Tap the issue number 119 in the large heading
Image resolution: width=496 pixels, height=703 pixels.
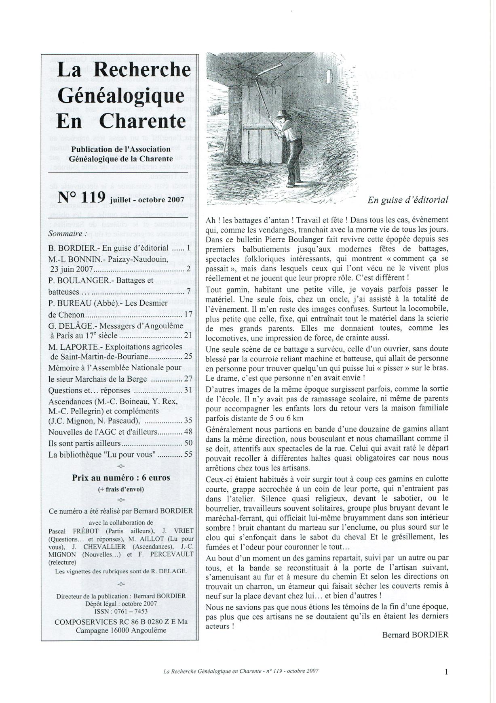(x=93, y=198)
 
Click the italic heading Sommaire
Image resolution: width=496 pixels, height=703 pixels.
(x=68, y=234)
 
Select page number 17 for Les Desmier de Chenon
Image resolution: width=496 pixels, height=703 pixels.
(x=188, y=314)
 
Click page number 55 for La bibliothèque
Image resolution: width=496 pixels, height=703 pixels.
(x=188, y=454)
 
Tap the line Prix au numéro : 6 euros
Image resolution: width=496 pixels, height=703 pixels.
(x=121, y=478)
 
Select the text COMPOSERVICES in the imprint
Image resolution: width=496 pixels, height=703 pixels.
(x=82, y=622)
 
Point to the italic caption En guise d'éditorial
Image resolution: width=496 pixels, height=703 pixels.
(x=408, y=200)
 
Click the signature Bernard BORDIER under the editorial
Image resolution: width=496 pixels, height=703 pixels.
(x=415, y=635)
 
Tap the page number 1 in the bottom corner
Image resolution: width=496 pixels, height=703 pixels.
(x=446, y=672)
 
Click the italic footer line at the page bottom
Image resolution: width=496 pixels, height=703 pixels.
(x=241, y=671)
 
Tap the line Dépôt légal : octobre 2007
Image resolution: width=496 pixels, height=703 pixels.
(x=121, y=603)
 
